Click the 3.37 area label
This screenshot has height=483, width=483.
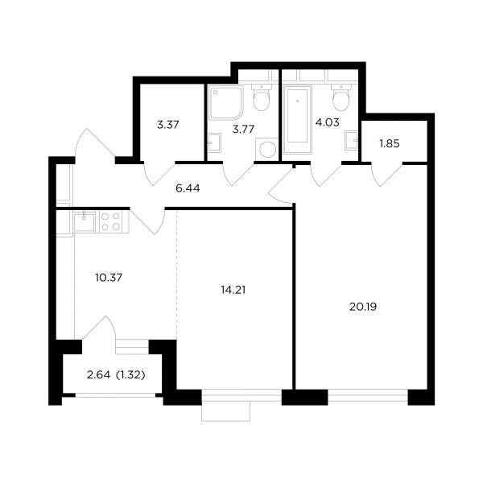pos(168,125)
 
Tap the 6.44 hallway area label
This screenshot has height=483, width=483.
pos(188,188)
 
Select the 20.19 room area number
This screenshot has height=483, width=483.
pos(363,307)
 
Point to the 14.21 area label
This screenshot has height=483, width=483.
pos(233,290)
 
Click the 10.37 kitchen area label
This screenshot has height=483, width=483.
pos(109,278)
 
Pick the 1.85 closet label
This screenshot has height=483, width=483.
pos(390,143)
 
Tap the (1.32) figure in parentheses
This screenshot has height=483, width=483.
pos(130,375)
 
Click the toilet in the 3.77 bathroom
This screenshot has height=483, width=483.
pos(262,97)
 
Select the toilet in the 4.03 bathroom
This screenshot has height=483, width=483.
pos(341,97)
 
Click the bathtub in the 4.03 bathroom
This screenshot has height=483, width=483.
pos(298,120)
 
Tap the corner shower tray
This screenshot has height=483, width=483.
pos(226,103)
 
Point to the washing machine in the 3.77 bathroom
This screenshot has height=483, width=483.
pos(267,150)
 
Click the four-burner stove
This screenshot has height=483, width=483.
pos(111,221)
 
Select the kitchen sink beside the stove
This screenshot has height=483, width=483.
pos(84,221)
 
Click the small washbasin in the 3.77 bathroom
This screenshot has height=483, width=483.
pos(214,142)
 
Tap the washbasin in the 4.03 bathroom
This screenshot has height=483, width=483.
pos(352,140)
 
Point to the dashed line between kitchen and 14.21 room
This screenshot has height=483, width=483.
pos(177,275)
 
